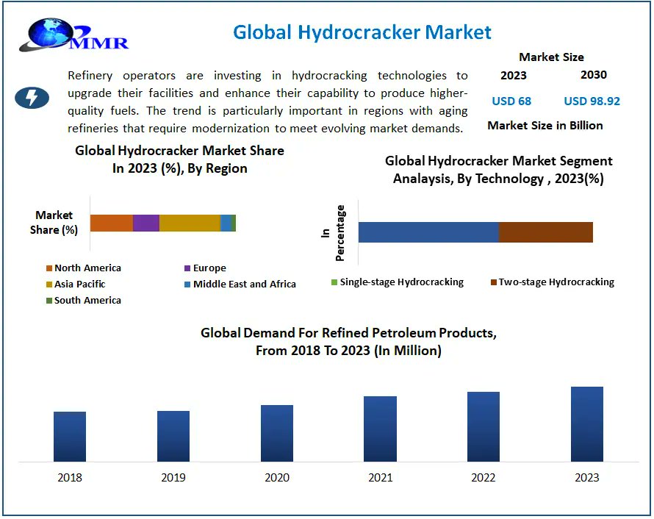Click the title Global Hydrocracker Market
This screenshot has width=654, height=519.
pos(362,32)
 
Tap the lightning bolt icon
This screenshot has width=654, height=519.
pos(32,98)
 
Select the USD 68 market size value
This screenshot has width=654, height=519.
pos(511,101)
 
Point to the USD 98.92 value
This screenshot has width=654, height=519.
pos(592,101)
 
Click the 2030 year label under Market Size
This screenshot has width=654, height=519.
pos(593,75)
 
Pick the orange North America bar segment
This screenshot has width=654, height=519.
pos(111,223)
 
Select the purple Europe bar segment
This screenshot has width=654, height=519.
pos(145,223)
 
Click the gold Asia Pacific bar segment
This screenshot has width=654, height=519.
pos(189,223)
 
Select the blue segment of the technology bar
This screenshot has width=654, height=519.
pos(428,232)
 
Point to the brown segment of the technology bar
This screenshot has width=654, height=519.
pos(545,232)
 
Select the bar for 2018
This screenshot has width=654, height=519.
pos(70,437)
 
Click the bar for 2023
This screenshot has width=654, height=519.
pos(586,424)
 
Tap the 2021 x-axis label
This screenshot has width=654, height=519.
pos(380,478)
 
